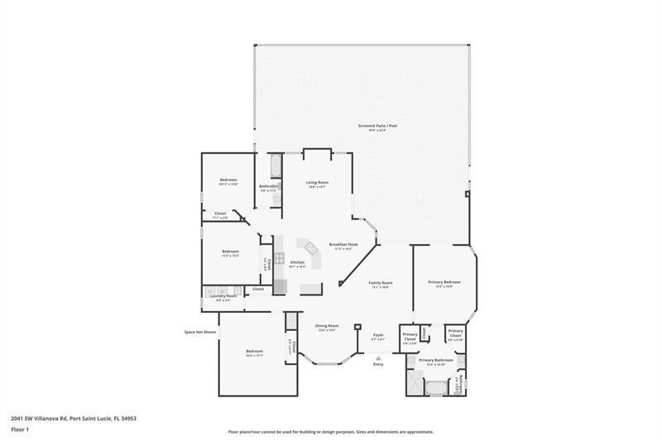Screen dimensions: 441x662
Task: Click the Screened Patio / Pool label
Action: (x=377, y=126)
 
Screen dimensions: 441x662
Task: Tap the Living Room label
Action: (x=318, y=182)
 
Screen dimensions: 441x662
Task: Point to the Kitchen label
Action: (x=298, y=262)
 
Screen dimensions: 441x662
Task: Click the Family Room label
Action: (x=381, y=283)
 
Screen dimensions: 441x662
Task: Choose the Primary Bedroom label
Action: (x=444, y=282)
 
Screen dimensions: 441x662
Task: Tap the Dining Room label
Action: (x=328, y=326)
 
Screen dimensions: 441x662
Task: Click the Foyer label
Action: (x=378, y=334)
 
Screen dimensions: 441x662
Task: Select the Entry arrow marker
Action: (x=378, y=357)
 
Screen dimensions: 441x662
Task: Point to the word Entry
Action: (x=378, y=364)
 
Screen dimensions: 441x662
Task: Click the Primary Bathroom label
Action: (x=435, y=361)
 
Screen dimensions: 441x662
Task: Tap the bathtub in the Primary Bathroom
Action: (x=434, y=386)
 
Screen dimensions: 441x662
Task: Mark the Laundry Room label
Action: (x=226, y=295)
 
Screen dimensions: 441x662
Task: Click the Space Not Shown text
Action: (x=199, y=332)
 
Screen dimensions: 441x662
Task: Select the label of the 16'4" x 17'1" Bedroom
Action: (x=254, y=352)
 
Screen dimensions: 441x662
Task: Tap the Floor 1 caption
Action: (x=20, y=429)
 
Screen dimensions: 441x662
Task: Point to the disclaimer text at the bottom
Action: (x=331, y=432)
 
